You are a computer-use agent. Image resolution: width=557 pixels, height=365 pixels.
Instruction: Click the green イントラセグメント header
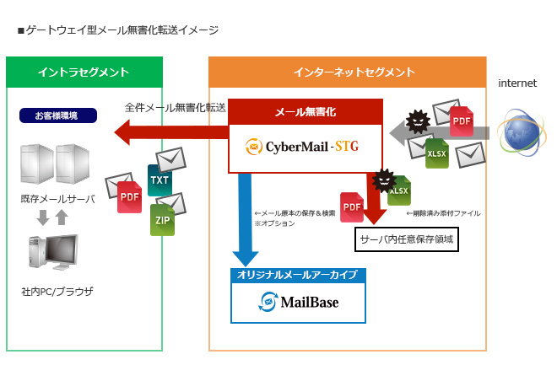(x=84, y=72)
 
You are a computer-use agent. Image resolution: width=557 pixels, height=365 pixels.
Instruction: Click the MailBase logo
(x=299, y=301)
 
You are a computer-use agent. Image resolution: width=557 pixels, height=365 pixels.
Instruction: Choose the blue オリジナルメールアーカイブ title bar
(x=299, y=275)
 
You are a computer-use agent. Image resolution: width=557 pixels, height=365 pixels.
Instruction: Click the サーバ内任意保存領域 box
(x=407, y=239)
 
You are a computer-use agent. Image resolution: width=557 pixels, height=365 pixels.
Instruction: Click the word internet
(x=517, y=83)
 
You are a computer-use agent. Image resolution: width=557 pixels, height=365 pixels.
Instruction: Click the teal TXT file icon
(x=159, y=180)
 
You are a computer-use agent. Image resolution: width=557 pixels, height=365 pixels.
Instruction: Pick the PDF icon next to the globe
(x=461, y=122)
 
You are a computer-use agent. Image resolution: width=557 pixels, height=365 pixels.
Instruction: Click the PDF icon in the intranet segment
(x=129, y=196)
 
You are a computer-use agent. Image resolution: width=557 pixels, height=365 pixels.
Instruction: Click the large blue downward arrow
(x=246, y=219)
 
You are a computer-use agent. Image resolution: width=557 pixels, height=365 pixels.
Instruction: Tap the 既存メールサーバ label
(x=57, y=199)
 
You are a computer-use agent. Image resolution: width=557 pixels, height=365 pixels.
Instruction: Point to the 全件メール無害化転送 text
(x=175, y=107)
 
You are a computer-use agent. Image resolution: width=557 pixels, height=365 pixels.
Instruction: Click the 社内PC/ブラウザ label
(x=57, y=292)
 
